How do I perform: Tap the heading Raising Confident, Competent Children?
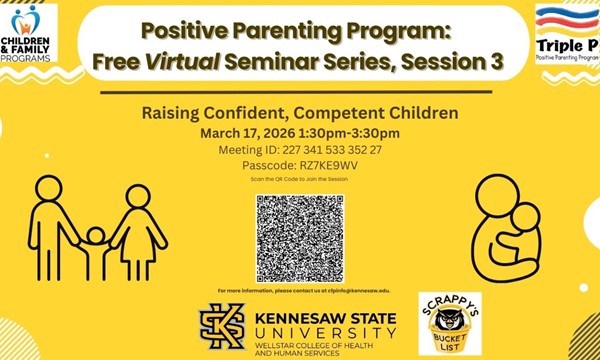[299, 113]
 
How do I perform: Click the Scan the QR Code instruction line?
[300, 180]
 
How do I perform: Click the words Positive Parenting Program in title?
[300, 30]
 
